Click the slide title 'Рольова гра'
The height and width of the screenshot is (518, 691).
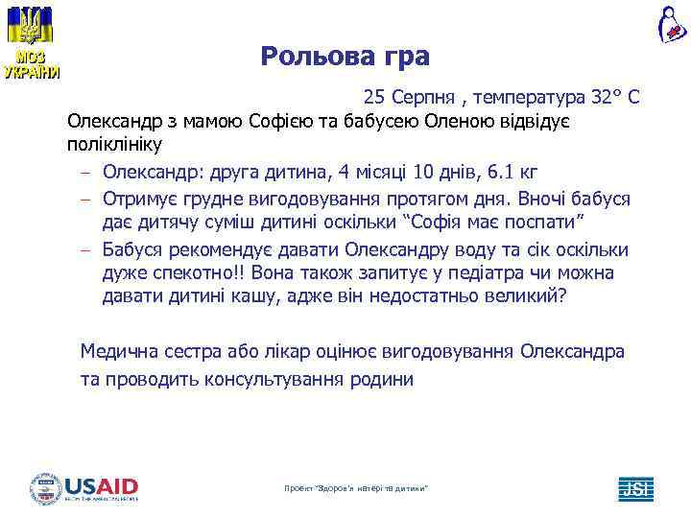coord(345,57)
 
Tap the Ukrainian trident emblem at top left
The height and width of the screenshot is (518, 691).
coord(31,26)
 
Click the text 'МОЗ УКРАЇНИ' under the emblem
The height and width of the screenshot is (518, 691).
coord(31,65)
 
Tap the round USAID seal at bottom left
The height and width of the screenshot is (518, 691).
coord(45,488)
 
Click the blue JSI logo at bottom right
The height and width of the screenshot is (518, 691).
coord(635,488)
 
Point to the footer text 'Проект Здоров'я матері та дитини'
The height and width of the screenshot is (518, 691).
coord(356,489)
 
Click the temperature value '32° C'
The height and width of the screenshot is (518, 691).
coord(615,98)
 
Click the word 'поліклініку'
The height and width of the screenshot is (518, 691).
coord(115,146)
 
